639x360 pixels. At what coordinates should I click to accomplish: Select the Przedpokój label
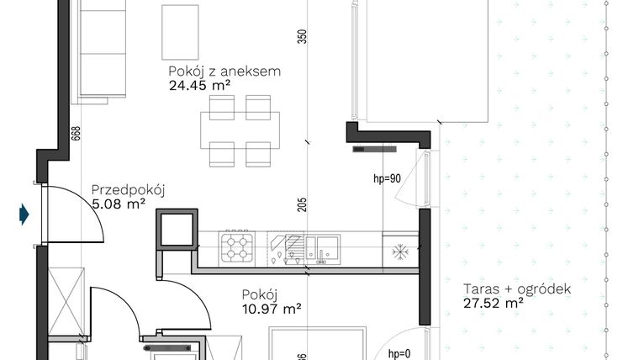[x=127, y=189]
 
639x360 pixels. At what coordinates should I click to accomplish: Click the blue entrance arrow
[x=24, y=215]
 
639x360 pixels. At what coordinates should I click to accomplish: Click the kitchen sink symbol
[x=324, y=247]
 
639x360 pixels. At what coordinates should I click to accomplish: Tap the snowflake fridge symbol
[x=400, y=250]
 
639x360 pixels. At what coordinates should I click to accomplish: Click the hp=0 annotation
[x=400, y=354]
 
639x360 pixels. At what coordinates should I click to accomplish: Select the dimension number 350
[x=303, y=39]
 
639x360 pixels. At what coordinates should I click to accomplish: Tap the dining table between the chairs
[x=240, y=130]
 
